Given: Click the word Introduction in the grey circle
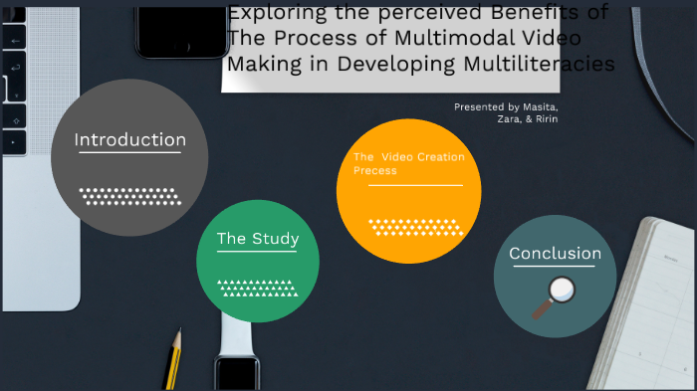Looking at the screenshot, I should click(x=129, y=140).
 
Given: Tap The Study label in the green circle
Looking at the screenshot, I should click(x=258, y=239).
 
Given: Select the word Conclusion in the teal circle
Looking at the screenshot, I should click(x=555, y=254).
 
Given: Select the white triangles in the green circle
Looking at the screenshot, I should click(x=257, y=288).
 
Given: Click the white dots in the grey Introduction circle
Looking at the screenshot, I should click(x=129, y=195).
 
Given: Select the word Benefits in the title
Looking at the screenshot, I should click(x=554, y=13).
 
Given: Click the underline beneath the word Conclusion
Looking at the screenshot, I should click(x=555, y=268).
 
